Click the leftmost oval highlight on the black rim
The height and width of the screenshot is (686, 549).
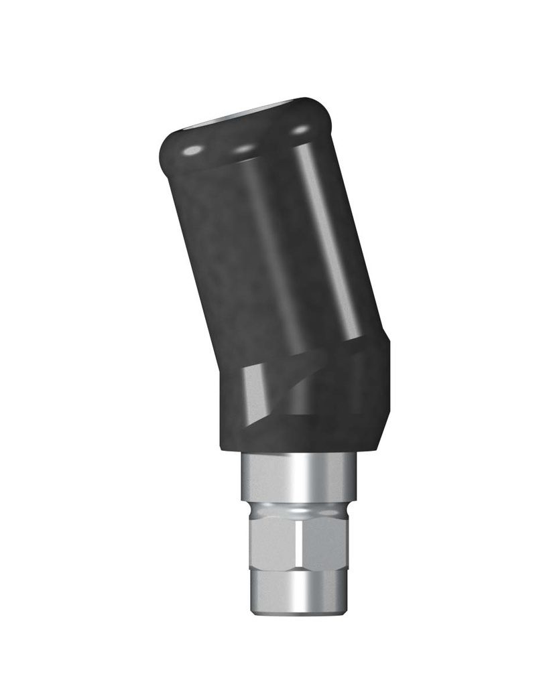[x=192, y=151]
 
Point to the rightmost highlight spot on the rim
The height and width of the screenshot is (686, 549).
[x=302, y=129]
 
